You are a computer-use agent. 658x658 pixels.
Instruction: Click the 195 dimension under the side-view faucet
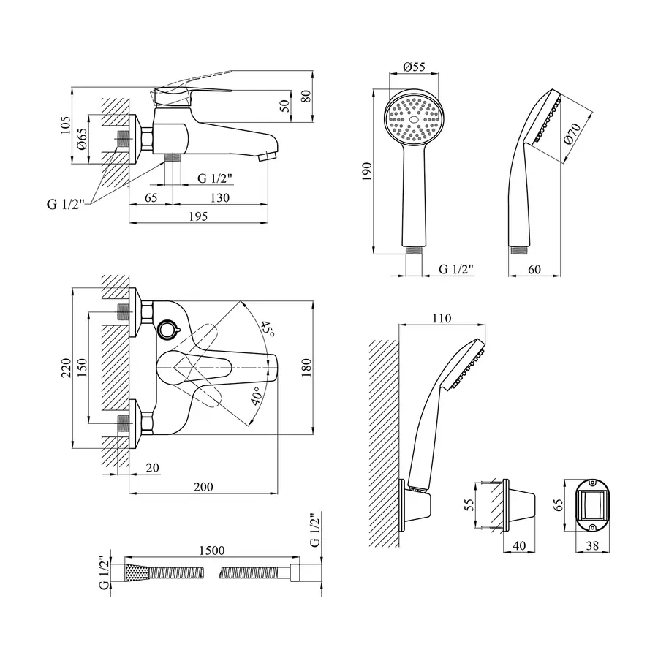point(199,216)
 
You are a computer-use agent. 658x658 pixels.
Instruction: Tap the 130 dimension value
point(220,197)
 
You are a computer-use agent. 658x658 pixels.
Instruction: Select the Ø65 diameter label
point(83,138)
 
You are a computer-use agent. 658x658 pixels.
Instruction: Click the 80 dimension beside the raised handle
point(306,96)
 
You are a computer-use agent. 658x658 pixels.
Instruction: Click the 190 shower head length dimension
point(367,170)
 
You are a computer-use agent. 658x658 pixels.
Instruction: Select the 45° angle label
point(268,330)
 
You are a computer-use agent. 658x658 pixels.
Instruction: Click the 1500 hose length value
point(211,550)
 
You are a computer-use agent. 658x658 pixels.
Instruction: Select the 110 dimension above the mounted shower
point(442,318)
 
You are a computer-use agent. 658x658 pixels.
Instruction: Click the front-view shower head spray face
point(415,118)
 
